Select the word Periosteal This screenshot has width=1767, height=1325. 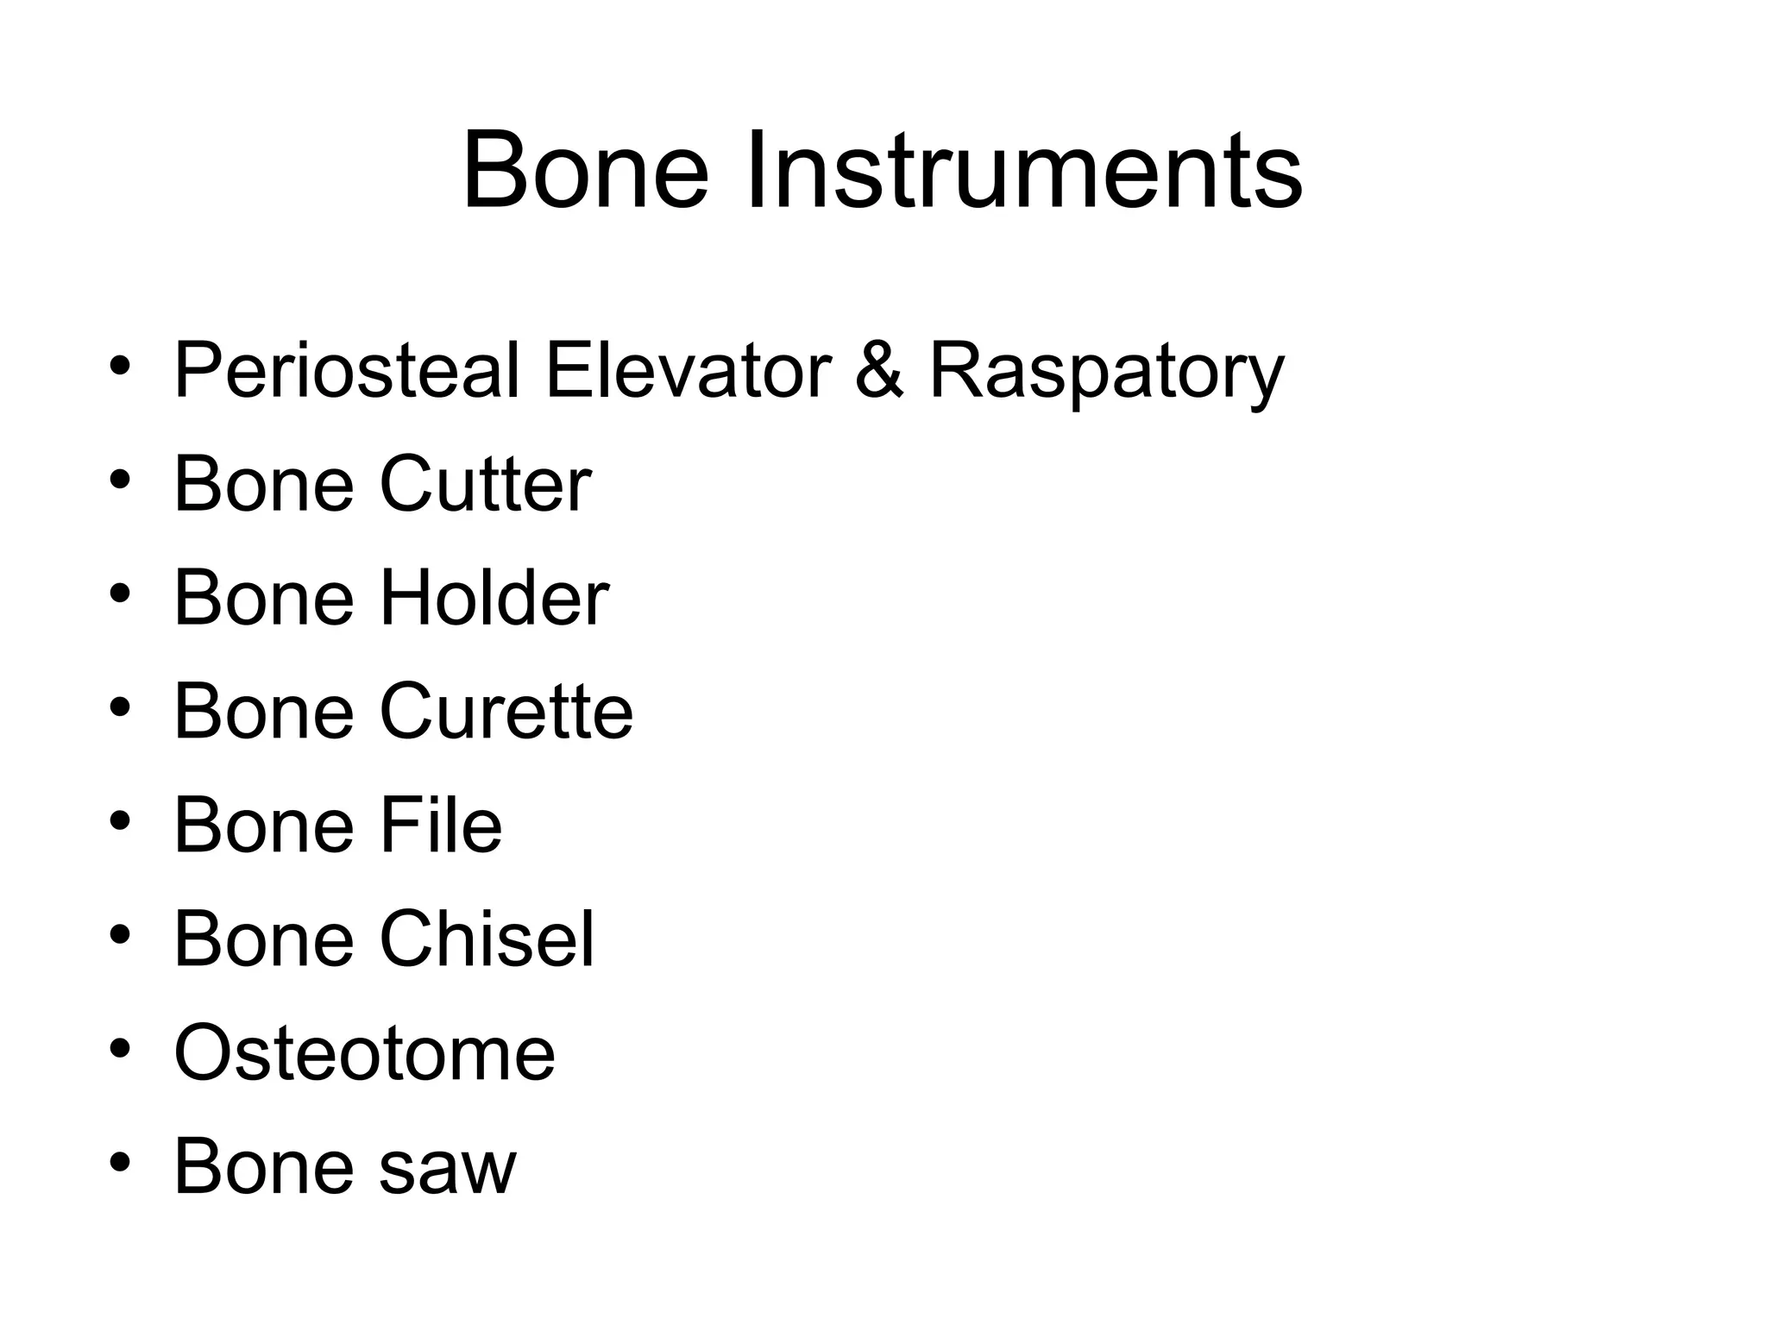[347, 372]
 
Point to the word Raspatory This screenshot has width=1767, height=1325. [1106, 372]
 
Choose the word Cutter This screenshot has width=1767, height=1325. [485, 484]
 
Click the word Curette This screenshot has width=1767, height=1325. [506, 712]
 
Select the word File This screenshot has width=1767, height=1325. [441, 826]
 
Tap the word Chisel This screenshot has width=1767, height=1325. [487, 939]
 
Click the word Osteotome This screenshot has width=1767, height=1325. [364, 1053]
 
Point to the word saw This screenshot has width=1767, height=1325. [448, 1167]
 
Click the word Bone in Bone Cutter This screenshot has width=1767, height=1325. [264, 484]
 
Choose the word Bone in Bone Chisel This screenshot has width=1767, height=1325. [264, 939]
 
